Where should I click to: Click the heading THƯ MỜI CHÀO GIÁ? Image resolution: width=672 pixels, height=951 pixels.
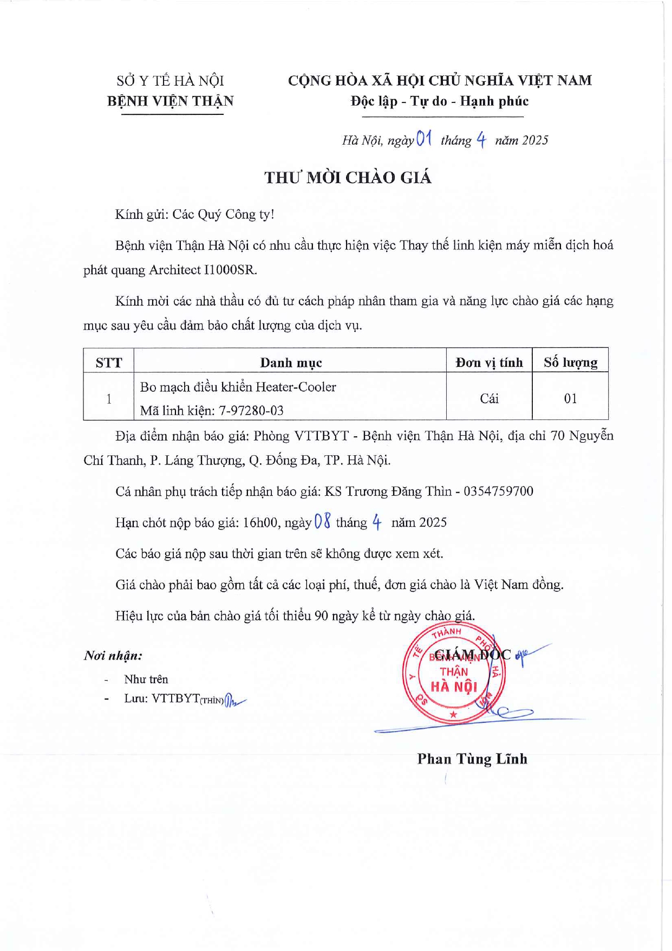348,178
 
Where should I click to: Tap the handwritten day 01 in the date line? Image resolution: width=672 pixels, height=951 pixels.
424,139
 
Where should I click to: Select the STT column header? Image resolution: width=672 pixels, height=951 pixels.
109,363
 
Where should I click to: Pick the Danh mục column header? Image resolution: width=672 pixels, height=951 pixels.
291,363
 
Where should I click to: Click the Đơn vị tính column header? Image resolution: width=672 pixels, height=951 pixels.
489,363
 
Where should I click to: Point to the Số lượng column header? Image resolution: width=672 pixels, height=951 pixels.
570,363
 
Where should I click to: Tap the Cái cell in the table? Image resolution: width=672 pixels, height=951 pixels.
489,399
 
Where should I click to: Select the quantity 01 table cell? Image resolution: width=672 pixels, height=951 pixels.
570,399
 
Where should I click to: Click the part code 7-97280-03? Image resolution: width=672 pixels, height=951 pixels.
251,411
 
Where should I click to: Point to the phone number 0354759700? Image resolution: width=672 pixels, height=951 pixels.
498,491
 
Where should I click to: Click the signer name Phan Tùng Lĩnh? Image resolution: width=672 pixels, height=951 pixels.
472,759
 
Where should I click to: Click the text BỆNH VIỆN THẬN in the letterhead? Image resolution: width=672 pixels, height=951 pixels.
170,101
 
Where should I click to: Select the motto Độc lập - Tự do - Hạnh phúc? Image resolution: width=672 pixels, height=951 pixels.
439,101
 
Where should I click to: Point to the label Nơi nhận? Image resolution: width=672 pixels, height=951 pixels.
113,656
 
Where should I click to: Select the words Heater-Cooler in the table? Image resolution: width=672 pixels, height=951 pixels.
296,387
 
